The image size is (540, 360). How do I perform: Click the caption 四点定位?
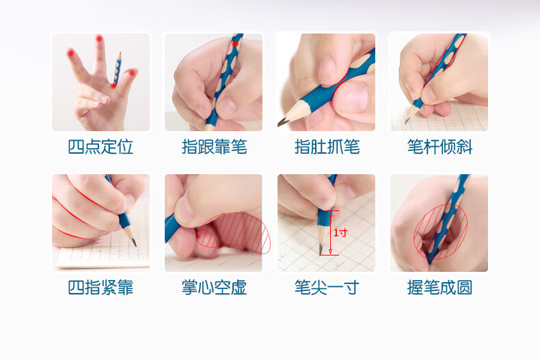pyautogui.click(x=100, y=147)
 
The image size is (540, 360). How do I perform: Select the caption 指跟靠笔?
pyautogui.click(x=214, y=147)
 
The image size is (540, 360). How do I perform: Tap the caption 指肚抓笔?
pyautogui.click(x=327, y=147)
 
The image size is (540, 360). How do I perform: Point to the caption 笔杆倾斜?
pyautogui.click(x=440, y=147)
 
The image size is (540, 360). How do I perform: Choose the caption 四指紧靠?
pyautogui.click(x=100, y=288)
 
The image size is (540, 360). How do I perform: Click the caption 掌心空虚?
pyautogui.click(x=214, y=288)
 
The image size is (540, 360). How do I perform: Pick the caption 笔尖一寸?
pyautogui.click(x=327, y=288)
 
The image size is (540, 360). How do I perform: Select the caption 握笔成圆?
pyautogui.click(x=440, y=288)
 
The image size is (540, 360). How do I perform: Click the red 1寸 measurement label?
pyautogui.click(x=340, y=233)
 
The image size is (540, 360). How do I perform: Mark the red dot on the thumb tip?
pyautogui.click(x=132, y=72)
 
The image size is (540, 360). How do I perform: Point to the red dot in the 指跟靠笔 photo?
pyautogui.click(x=235, y=44)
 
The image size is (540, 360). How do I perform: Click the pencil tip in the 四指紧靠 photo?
pyautogui.click(x=134, y=243)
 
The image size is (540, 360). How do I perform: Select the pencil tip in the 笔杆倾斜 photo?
pyautogui.click(x=407, y=120)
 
